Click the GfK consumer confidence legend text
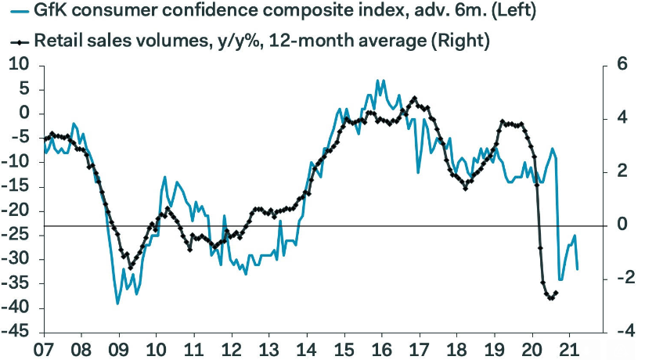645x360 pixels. coord(258,13)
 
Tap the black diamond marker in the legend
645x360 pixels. coord(14,41)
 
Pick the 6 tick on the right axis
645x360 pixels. coord(615,65)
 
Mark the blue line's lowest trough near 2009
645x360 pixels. coord(117,303)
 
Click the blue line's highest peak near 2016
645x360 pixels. coord(378,80)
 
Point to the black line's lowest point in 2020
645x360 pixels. coord(550,298)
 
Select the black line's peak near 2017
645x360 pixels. coord(414,99)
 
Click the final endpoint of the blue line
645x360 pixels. coord(578,269)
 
